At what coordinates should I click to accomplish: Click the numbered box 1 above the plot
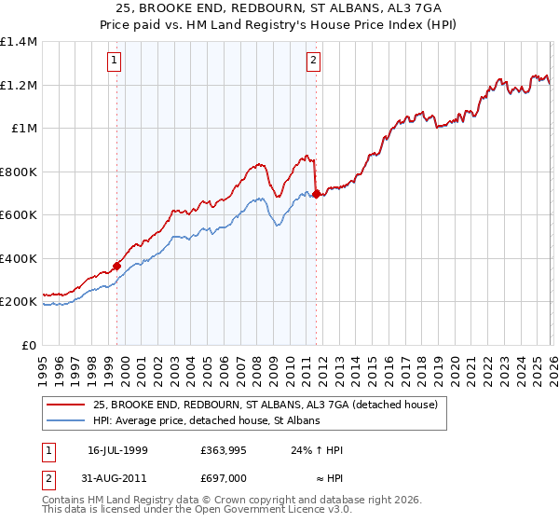(115, 62)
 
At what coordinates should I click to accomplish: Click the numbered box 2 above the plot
(314, 62)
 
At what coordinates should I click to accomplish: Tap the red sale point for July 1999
(117, 266)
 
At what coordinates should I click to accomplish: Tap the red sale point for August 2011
(317, 194)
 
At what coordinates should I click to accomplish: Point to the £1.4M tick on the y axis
(19, 42)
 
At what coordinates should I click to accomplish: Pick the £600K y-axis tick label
(19, 215)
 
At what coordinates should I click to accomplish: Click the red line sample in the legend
(66, 405)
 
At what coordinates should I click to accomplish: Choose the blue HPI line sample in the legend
(66, 421)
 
